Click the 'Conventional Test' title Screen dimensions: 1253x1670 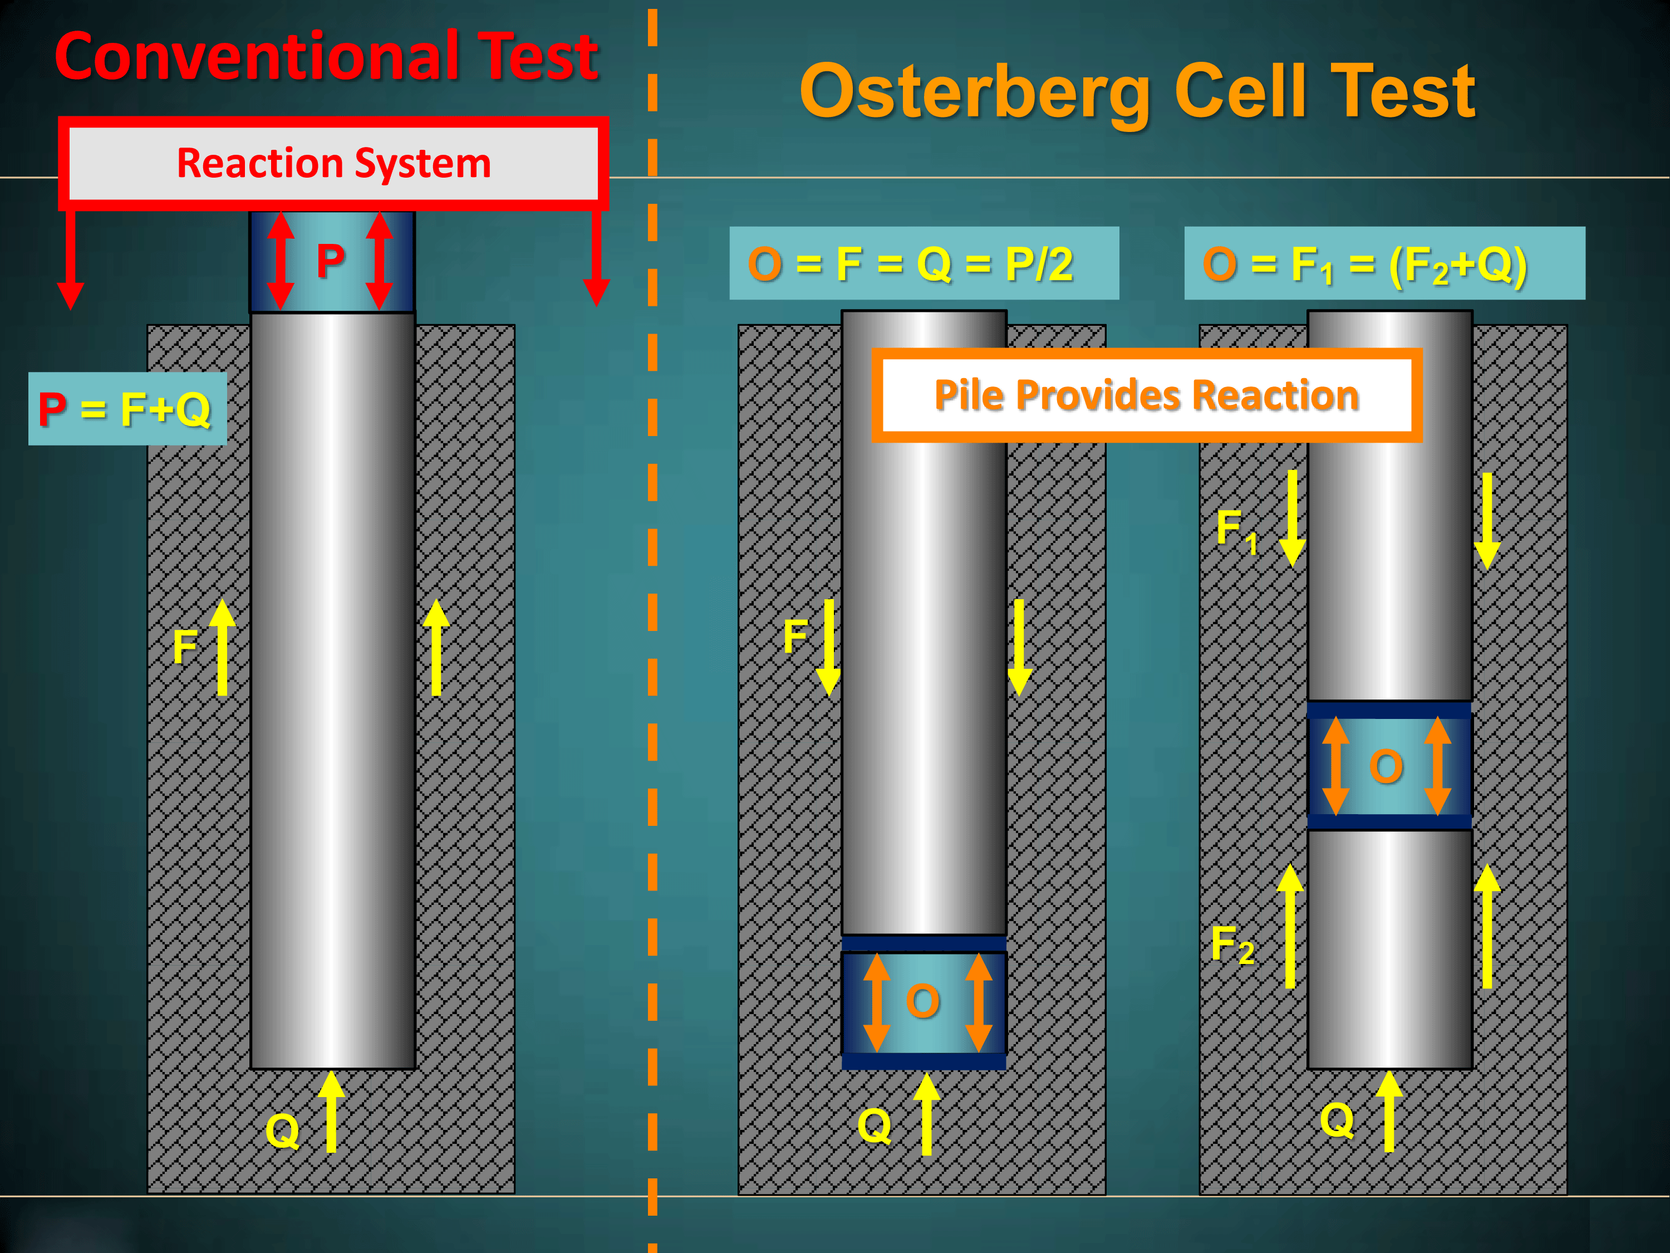[326, 57]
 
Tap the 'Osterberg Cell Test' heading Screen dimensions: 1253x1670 [1137, 91]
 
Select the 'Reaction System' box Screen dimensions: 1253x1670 [333, 163]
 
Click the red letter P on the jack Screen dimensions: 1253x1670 [331, 261]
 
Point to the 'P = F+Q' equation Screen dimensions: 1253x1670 [127, 409]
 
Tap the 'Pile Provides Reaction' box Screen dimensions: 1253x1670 [1146, 395]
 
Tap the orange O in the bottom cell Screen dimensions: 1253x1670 [922, 1001]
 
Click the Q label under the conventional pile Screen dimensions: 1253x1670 [282, 1130]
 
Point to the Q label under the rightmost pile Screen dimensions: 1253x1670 [1337, 1119]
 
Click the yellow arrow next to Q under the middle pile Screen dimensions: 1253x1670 [927, 1114]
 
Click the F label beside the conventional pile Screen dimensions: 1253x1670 [185, 647]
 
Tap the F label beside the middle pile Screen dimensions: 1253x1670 [795, 636]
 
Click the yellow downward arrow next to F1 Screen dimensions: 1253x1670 [1293, 518]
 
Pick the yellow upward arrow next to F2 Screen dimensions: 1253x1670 [1290, 926]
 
